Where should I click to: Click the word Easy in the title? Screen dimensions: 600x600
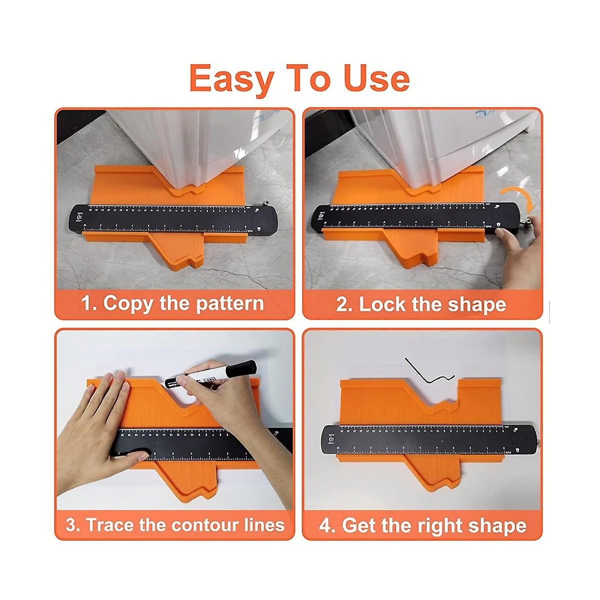(231, 79)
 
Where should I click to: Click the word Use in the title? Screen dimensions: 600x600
(376, 79)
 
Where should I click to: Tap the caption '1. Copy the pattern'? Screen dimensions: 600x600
(173, 303)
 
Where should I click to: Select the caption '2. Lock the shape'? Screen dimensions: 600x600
(421, 304)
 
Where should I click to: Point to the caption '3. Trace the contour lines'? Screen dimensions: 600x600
(175, 524)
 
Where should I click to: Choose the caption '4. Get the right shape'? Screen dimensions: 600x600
(422, 525)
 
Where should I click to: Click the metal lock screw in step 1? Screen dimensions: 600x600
(264, 203)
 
